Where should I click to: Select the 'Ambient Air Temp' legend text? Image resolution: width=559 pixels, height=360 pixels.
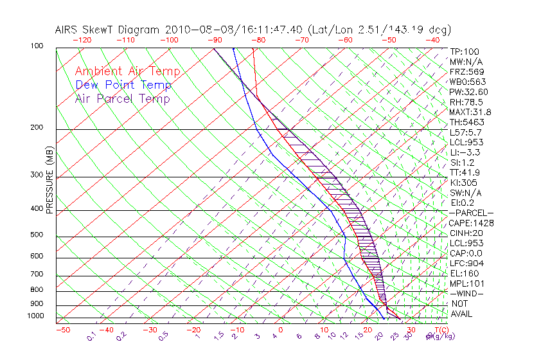coord(127,71)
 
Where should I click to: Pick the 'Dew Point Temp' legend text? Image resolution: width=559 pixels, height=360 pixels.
coord(123,85)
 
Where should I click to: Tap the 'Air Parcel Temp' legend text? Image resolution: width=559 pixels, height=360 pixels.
coord(122,99)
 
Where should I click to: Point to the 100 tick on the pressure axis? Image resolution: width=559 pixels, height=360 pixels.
coord(37,47)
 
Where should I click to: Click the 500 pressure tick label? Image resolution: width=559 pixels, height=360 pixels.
coord(37,235)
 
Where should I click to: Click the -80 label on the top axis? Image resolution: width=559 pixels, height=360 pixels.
coord(258,40)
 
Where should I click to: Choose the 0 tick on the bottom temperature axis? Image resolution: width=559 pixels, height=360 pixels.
coord(281,330)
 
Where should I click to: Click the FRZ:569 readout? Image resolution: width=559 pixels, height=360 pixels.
coord(466,72)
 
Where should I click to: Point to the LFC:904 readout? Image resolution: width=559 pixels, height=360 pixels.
coord(466,264)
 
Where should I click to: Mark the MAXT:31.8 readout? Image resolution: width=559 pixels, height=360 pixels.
coord(468,112)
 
